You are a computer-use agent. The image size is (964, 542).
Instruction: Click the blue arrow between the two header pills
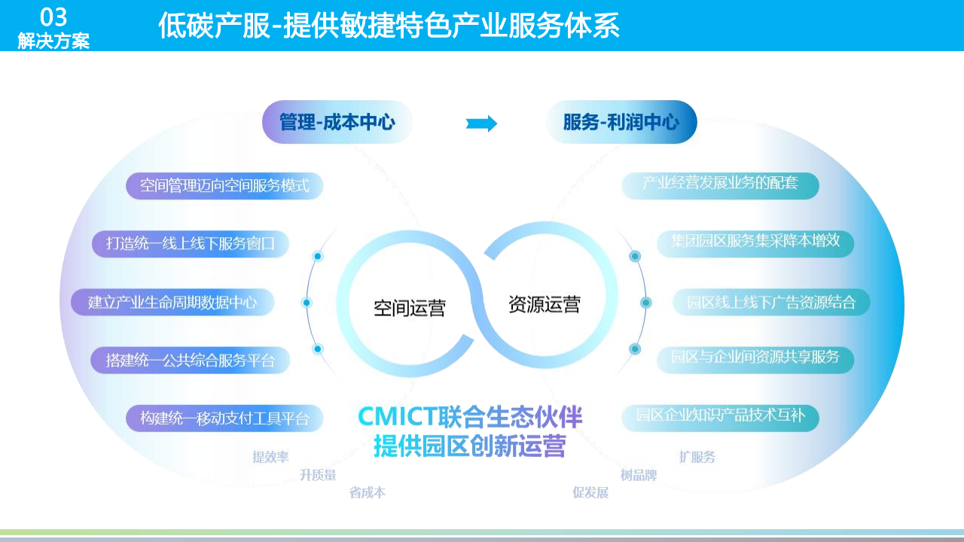(481, 123)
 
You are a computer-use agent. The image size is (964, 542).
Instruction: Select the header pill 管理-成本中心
(337, 122)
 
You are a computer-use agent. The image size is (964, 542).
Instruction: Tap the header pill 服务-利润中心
(621, 122)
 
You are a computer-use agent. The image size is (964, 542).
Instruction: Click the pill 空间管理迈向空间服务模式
(224, 186)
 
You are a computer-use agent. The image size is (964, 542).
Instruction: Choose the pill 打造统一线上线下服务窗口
(191, 244)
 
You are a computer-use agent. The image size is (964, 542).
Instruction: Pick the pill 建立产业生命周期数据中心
(172, 303)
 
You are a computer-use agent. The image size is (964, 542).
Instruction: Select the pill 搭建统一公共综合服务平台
(191, 361)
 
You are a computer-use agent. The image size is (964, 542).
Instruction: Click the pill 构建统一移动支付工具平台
(224, 419)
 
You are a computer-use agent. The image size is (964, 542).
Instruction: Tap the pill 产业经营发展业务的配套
(720, 183)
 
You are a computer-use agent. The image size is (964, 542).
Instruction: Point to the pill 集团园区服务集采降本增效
(755, 242)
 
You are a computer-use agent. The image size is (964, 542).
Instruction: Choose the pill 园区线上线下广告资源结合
(771, 303)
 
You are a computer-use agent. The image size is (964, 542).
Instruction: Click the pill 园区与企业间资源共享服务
(755, 357)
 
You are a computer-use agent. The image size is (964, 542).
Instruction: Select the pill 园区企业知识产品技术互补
(720, 415)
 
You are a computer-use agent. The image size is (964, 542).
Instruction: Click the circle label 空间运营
(410, 308)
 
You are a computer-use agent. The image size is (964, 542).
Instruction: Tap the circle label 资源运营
(545, 304)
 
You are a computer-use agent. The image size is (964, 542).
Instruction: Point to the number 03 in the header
(53, 17)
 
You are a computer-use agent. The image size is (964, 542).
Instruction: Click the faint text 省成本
(368, 493)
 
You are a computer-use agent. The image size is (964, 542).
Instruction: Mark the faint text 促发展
(590, 493)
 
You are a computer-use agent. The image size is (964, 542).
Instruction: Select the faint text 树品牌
(639, 476)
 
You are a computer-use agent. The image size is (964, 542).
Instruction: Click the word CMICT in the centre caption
(397, 417)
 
